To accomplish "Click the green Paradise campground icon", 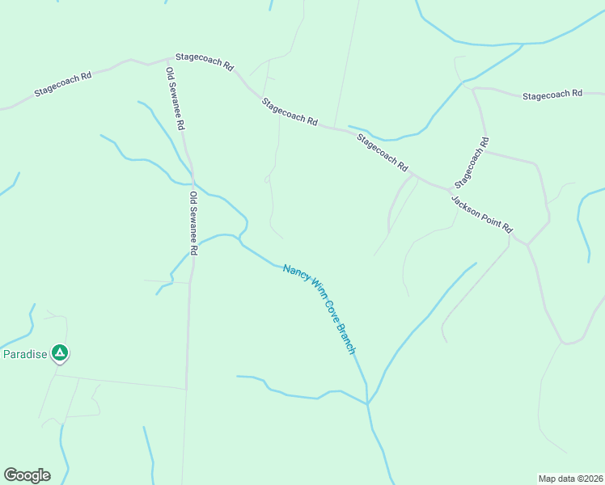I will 59,352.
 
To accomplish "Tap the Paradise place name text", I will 25,354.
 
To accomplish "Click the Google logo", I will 27,475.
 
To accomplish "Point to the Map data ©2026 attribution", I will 569,478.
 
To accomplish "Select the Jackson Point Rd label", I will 482,215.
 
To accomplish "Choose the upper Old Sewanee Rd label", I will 176,99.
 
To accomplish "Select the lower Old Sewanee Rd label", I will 193,223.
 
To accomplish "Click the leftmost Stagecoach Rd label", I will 64,83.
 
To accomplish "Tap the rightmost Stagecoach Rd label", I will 552,95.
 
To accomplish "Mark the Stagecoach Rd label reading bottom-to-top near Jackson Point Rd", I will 472,162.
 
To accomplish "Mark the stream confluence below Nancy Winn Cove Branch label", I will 367,403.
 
